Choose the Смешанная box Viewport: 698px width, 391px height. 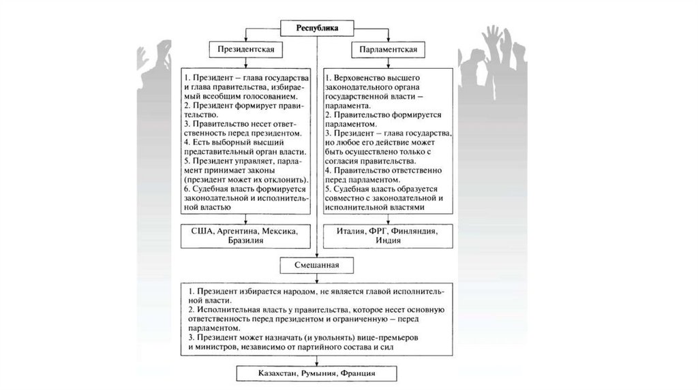click(x=316, y=264)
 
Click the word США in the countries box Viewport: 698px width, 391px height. click(x=202, y=232)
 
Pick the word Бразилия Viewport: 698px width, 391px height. click(x=246, y=242)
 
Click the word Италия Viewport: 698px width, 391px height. click(x=352, y=232)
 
